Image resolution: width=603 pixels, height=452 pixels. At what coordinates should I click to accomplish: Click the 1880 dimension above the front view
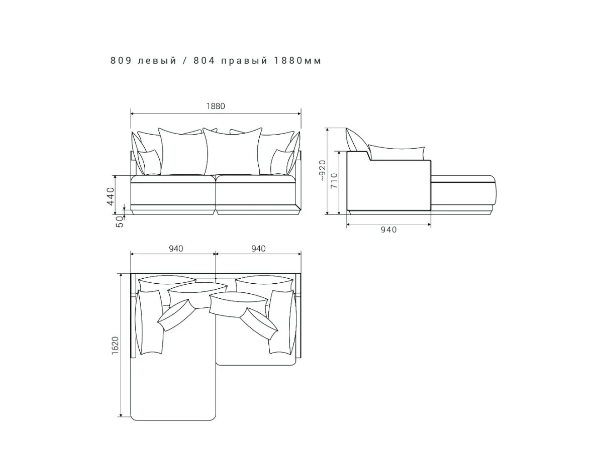[216, 106]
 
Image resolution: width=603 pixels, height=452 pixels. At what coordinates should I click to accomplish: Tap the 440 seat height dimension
[111, 196]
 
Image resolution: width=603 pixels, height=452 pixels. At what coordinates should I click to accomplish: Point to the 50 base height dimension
[120, 221]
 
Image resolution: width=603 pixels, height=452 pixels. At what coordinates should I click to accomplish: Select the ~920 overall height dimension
[322, 170]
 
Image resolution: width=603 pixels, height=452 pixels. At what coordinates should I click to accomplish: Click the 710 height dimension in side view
[334, 180]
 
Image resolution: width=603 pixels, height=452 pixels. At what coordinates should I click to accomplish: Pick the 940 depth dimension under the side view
[389, 230]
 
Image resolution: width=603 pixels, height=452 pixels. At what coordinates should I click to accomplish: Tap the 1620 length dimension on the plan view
[115, 346]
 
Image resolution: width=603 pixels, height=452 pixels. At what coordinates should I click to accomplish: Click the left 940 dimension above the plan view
[176, 249]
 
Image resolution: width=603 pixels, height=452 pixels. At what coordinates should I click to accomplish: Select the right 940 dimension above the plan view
[258, 249]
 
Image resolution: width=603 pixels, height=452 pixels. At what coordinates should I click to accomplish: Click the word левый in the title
[157, 60]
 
